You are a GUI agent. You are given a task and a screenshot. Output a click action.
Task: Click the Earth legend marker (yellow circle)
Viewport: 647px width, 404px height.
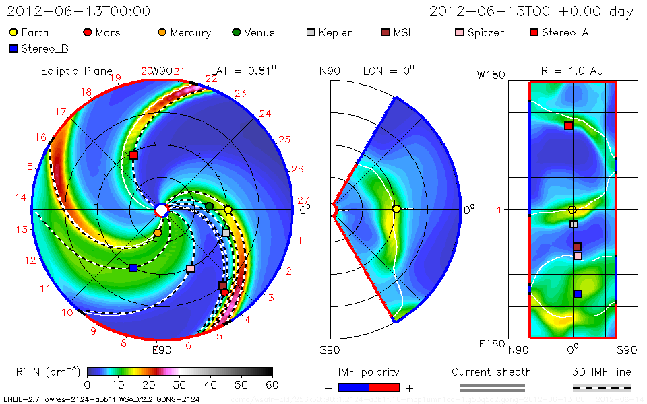[13, 32]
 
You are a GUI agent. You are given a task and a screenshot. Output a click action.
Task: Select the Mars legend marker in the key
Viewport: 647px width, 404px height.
[87, 32]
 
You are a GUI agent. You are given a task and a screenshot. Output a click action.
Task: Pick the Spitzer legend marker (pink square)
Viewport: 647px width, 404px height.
[460, 32]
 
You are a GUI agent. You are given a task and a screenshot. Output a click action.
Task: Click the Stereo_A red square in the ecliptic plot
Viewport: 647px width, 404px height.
[133, 156]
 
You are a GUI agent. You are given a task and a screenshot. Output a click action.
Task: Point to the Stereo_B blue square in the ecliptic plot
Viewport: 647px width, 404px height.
[133, 268]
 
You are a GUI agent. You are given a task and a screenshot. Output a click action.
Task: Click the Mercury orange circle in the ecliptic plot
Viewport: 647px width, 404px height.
[157, 233]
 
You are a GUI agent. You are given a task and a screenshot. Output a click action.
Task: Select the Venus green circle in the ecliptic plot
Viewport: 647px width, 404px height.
[209, 206]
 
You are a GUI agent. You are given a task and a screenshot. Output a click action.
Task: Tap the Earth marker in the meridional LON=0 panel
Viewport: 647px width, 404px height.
[396, 209]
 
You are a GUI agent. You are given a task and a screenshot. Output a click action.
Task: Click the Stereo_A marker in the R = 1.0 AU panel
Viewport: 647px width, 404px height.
[569, 125]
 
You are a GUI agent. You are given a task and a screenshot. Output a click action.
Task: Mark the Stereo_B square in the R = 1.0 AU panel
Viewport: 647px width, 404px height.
[578, 293]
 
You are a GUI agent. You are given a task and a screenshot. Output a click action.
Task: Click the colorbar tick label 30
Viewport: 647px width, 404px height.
[179, 384]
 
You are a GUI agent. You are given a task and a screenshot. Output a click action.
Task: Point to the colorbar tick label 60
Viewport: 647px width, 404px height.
[272, 384]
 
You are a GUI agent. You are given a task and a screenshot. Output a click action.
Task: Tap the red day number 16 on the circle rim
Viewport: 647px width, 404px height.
[41, 137]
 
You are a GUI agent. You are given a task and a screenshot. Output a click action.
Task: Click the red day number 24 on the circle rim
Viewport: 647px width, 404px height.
[265, 114]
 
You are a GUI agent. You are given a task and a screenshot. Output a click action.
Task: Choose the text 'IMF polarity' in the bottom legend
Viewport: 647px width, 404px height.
[369, 372]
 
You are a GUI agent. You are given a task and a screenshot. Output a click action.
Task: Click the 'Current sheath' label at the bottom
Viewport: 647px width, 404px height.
[491, 372]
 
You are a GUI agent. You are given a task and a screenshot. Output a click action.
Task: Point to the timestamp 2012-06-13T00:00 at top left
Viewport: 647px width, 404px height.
[79, 11]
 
